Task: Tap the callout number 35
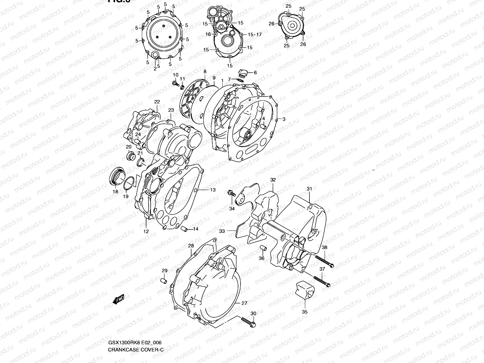coord(304,312)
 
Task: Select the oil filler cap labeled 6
coord(243,73)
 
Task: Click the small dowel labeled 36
coord(263,248)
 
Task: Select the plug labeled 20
coord(131,157)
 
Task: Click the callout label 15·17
coord(254,34)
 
